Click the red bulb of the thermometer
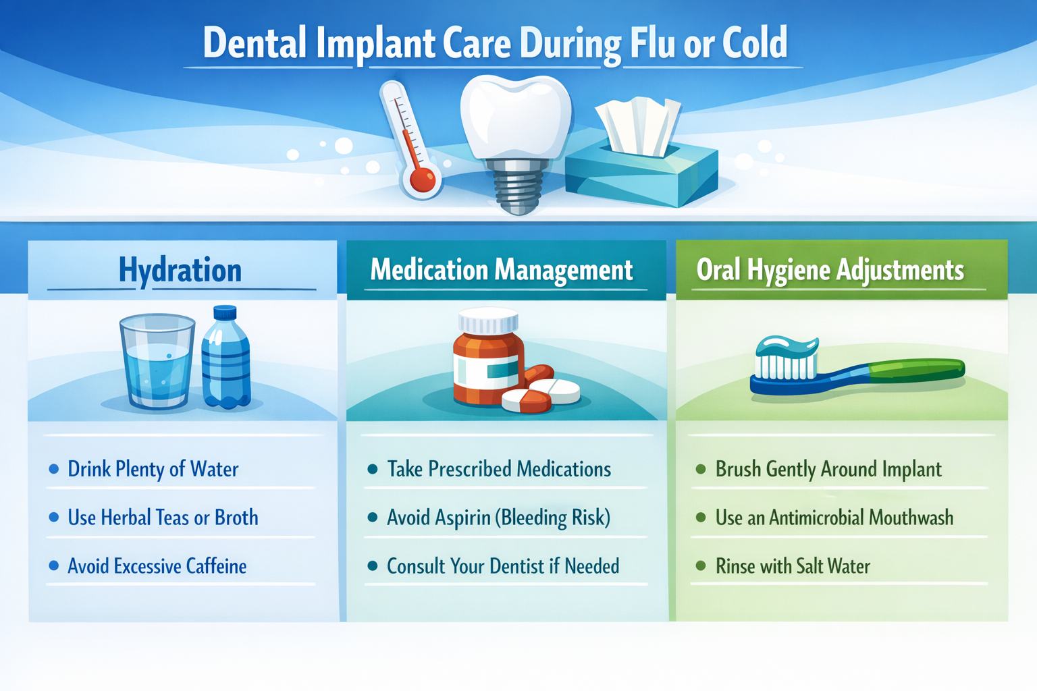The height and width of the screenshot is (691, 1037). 422,180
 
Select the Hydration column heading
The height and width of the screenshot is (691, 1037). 180,271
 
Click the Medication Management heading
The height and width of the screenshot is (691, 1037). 502,271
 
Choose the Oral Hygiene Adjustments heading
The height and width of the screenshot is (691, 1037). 830,271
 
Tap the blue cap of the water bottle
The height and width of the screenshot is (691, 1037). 225,313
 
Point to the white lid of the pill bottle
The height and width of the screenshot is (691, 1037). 488,321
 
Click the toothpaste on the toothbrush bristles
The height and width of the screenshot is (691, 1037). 787,347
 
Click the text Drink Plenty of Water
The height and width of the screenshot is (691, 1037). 153,469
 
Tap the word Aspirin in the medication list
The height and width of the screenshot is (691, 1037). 463,518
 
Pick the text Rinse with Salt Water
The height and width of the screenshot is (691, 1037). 793,566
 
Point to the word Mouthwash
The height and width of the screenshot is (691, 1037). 911,518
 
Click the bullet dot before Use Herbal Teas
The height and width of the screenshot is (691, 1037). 54,518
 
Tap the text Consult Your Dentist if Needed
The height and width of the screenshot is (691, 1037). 503,566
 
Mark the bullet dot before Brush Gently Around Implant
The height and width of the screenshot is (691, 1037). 701,469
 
